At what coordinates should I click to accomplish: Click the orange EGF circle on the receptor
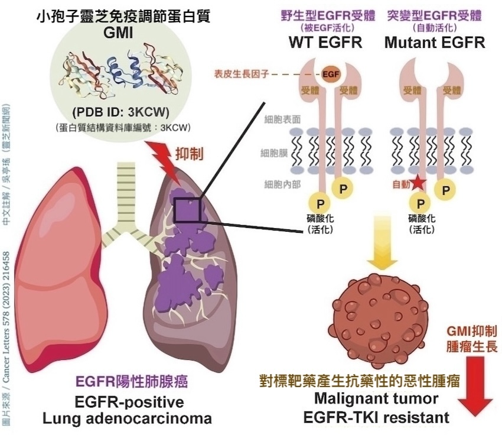pos(331,74)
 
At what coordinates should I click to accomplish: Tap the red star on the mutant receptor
pos(418,184)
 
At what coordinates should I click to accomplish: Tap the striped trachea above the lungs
pos(126,189)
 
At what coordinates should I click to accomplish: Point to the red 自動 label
pos(400,184)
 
